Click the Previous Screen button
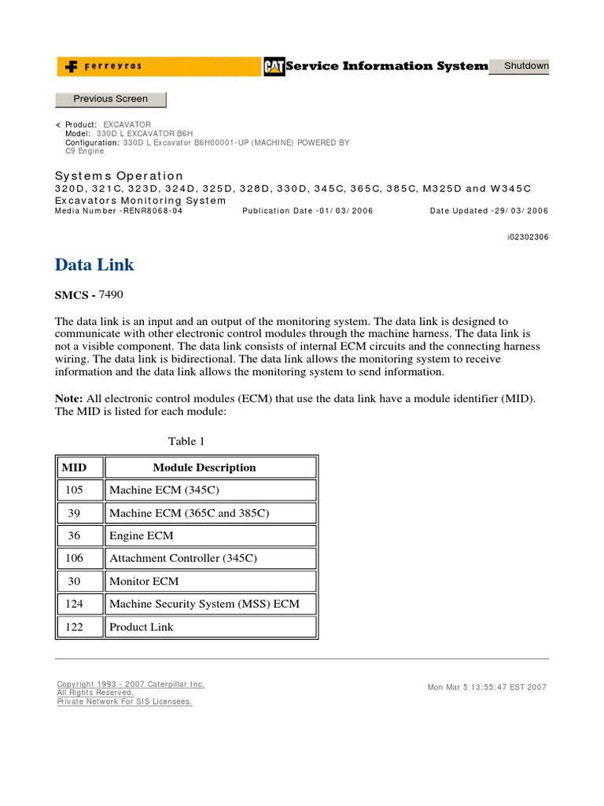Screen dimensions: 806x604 [x=110, y=99]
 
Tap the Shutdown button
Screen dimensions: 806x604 [x=526, y=66]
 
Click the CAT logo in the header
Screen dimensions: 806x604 [x=274, y=67]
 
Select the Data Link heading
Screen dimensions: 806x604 [x=95, y=264]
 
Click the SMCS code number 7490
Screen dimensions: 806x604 [x=112, y=294]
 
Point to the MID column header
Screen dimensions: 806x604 [x=74, y=468]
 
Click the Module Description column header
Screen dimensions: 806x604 [x=204, y=468]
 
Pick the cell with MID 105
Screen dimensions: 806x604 [x=74, y=490]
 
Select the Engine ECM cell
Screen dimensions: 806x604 [x=142, y=536]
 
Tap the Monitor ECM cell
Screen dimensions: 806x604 [x=144, y=582]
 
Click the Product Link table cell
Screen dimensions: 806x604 [x=142, y=627]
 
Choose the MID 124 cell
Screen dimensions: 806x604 [x=74, y=604]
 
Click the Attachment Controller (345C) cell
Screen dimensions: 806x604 [x=183, y=559]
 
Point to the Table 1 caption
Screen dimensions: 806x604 [x=186, y=442]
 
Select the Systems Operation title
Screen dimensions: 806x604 [x=120, y=176]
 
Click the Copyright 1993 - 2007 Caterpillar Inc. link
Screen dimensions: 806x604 [x=131, y=685]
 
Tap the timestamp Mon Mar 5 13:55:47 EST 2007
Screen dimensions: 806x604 [x=486, y=687]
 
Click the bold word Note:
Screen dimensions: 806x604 [x=68, y=399]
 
